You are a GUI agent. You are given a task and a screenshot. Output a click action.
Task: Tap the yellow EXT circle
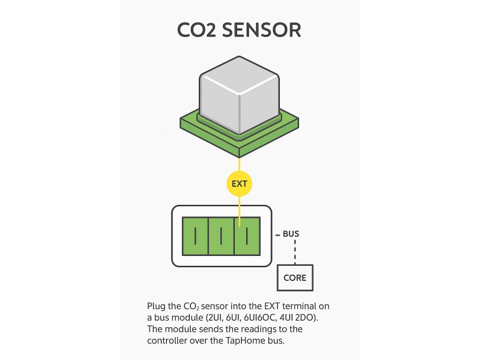[x=239, y=184]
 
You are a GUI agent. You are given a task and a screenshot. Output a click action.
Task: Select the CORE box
[x=295, y=277]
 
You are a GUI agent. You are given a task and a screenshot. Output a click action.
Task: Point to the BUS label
[x=291, y=233]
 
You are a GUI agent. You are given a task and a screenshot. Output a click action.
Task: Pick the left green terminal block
[x=195, y=236]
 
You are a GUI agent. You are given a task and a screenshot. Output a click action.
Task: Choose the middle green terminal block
[x=221, y=236]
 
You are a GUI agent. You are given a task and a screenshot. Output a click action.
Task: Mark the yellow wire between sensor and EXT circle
[x=239, y=165]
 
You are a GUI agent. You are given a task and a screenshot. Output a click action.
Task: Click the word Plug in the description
[x=156, y=307]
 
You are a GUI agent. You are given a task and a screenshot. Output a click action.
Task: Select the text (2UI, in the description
[x=199, y=318]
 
